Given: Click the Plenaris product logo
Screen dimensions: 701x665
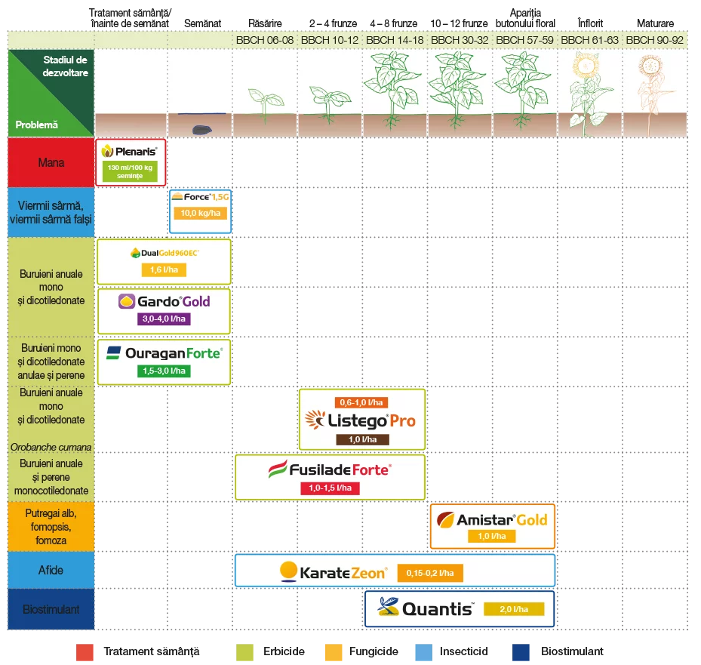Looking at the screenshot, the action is click(130, 151).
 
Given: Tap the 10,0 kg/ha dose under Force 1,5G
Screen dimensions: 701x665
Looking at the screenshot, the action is click(200, 214).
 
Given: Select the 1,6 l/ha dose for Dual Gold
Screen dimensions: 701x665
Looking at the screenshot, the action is click(164, 269).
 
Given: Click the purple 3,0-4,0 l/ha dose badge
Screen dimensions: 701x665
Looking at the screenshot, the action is click(164, 319).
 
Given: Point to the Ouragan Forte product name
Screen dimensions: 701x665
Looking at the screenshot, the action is click(174, 353).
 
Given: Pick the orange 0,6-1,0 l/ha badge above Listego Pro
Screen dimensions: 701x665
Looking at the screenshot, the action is click(361, 402).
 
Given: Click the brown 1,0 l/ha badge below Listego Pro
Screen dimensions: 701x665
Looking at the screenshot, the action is click(362, 439).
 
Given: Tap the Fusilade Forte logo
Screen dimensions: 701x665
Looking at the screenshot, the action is click(330, 470).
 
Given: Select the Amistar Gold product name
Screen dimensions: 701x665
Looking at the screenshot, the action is click(502, 519).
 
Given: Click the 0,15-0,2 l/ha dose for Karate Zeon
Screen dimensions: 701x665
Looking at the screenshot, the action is click(430, 573).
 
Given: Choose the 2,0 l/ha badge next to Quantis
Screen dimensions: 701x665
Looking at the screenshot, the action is click(514, 609).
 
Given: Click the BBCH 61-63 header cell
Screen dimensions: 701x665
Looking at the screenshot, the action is click(589, 40).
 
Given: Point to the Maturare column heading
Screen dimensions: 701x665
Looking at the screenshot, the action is click(655, 23).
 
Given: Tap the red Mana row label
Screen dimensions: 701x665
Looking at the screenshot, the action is click(51, 162).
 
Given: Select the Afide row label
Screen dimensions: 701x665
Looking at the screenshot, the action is click(51, 570).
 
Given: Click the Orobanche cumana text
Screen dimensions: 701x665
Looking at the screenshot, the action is click(51, 447).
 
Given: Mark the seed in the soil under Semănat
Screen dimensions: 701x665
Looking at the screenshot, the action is click(202, 130).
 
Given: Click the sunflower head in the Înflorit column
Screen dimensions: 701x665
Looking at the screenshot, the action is click(586, 66).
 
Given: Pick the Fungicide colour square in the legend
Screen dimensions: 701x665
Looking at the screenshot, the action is click(334, 652).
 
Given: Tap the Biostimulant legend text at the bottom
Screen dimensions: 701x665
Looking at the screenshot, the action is click(572, 651).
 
